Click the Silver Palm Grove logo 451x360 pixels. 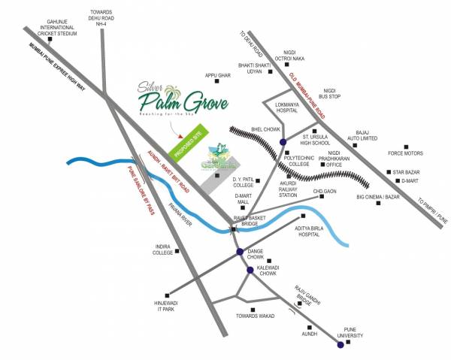click(172, 95)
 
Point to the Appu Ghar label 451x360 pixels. click(218, 76)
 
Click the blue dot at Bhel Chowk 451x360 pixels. click(282, 142)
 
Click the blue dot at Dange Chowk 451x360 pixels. click(240, 252)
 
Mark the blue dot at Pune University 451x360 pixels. click(341, 345)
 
